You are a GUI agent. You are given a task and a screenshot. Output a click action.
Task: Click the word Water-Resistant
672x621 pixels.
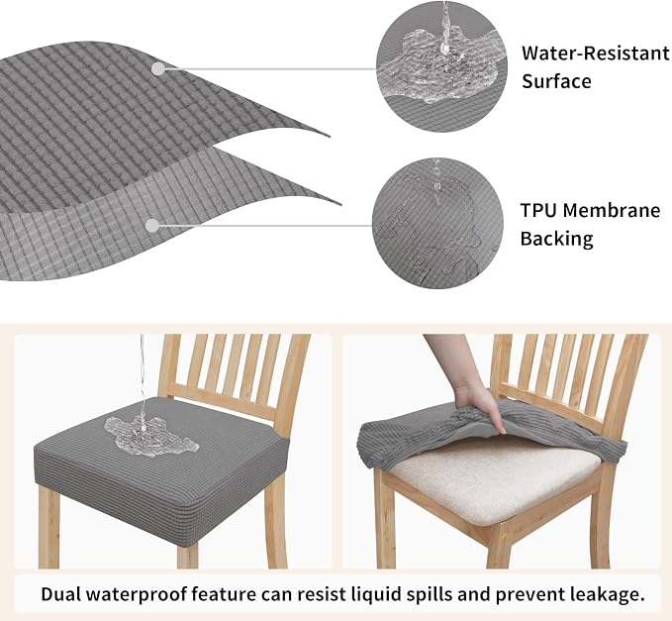(x=595, y=53)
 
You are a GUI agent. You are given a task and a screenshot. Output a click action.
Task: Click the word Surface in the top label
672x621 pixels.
(x=556, y=81)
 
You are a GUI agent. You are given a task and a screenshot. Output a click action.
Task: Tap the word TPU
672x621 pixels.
(x=537, y=210)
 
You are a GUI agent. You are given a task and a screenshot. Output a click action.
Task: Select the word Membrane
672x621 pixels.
(x=612, y=210)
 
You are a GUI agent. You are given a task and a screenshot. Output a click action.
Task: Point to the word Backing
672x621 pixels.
(x=557, y=239)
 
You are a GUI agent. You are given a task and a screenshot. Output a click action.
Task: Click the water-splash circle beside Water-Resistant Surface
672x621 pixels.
(x=441, y=66)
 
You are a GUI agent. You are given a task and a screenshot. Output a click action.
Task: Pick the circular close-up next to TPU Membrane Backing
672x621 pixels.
(x=437, y=223)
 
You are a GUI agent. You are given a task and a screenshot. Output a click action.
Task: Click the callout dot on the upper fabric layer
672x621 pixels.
(x=158, y=68)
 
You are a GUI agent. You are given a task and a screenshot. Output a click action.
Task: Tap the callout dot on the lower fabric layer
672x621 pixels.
(x=152, y=226)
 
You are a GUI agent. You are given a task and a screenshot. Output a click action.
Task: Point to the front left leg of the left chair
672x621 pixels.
(x=48, y=527)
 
